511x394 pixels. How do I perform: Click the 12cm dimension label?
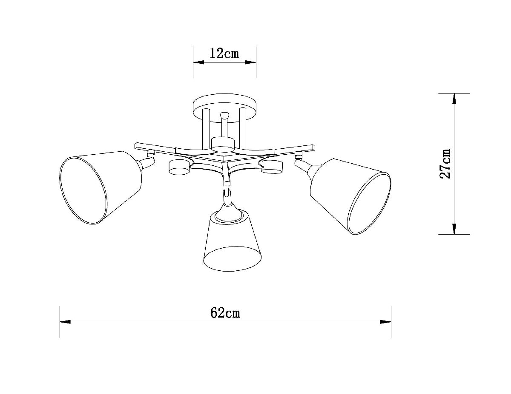(x=224, y=53)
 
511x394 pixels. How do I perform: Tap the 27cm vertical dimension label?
(x=446, y=164)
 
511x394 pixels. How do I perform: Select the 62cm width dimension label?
(x=225, y=313)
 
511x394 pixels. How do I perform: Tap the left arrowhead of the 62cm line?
(x=64, y=322)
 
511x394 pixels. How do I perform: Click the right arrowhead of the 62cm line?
(x=387, y=322)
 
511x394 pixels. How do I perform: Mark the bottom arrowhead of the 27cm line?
(x=454, y=230)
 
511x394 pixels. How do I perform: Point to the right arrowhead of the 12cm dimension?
(x=252, y=62)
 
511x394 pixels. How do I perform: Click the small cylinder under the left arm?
(x=179, y=167)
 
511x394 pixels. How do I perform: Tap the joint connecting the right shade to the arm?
(x=303, y=165)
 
